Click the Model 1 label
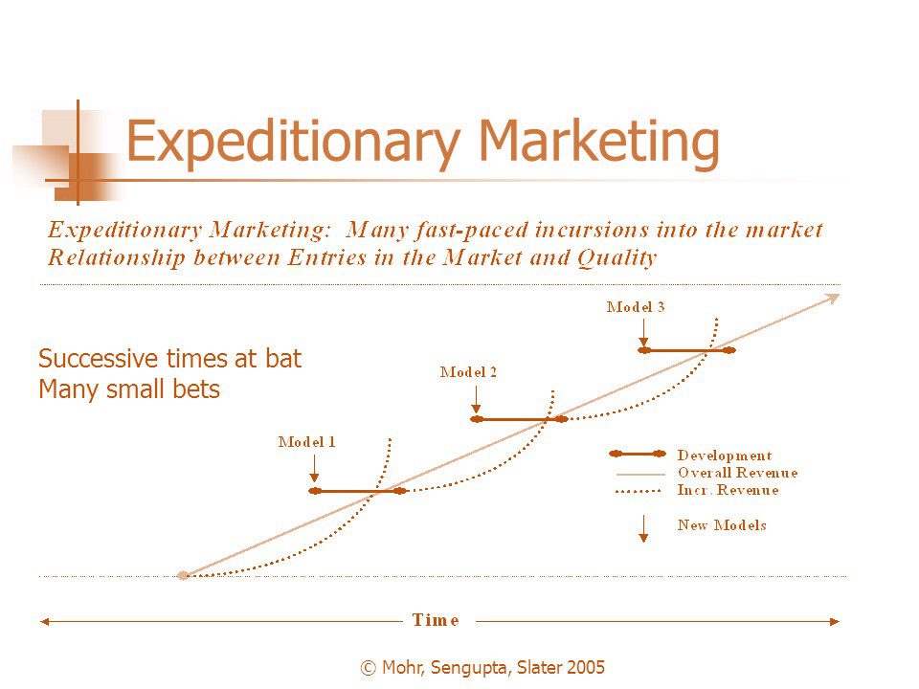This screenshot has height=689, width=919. [x=306, y=442]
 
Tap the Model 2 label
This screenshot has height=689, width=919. [x=468, y=372]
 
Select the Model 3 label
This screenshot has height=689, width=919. [x=636, y=307]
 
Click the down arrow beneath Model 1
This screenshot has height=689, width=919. [x=314, y=469]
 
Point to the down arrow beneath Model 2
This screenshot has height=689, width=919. [x=476, y=400]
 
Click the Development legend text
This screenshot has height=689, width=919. [x=725, y=456]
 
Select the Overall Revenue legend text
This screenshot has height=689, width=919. [x=738, y=473]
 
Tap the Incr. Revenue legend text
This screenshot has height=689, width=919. [x=728, y=490]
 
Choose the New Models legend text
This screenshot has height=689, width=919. [x=722, y=525]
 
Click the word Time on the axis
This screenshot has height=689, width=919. [x=436, y=620]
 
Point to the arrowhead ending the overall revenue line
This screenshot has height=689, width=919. [x=833, y=299]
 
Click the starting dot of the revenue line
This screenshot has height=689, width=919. [x=183, y=576]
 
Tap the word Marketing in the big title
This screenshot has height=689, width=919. [x=599, y=142]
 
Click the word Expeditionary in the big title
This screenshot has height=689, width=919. [x=293, y=143]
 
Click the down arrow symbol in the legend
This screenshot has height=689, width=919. [x=643, y=529]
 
